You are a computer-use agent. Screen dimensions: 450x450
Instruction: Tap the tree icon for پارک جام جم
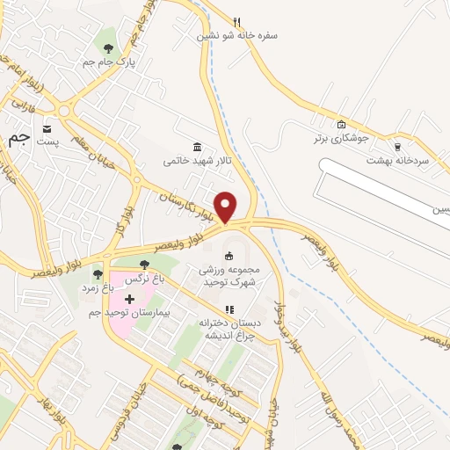[107, 48]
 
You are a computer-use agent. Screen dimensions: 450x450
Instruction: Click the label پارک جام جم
[100, 62]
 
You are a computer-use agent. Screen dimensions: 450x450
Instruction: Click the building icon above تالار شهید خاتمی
[195, 147]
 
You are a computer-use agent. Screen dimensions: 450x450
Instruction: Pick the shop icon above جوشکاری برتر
[342, 124]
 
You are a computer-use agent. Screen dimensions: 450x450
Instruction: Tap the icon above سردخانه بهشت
[397, 147]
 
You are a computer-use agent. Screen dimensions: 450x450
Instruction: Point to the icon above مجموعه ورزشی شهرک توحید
[229, 256]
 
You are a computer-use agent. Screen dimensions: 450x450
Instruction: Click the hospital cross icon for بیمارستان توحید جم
[130, 299]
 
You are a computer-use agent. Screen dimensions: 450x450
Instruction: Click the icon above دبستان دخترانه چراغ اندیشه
[229, 308]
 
